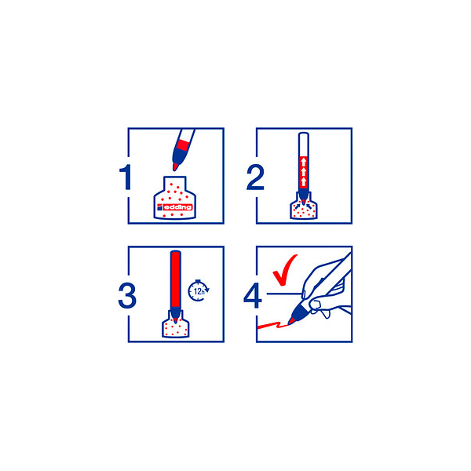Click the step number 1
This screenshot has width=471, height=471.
(x=126, y=177)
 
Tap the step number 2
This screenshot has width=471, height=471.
(x=255, y=177)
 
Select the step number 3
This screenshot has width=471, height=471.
(x=127, y=296)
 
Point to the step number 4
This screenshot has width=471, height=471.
(x=252, y=296)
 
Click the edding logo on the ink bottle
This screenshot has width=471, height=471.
(x=174, y=207)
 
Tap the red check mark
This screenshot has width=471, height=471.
(x=284, y=270)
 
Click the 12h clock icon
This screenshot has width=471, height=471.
(x=199, y=290)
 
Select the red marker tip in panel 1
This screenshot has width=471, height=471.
(x=175, y=166)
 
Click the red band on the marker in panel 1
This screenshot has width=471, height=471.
(x=182, y=144)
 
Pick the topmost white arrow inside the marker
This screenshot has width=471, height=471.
(x=304, y=162)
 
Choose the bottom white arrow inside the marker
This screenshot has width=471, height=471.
(x=304, y=181)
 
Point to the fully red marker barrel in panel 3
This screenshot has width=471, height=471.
(x=175, y=279)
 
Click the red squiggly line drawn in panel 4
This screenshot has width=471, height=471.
(x=272, y=325)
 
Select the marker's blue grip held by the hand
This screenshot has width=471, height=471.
(x=300, y=311)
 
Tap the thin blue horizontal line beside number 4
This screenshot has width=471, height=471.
(x=284, y=294)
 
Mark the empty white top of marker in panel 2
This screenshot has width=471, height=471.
(x=304, y=144)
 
